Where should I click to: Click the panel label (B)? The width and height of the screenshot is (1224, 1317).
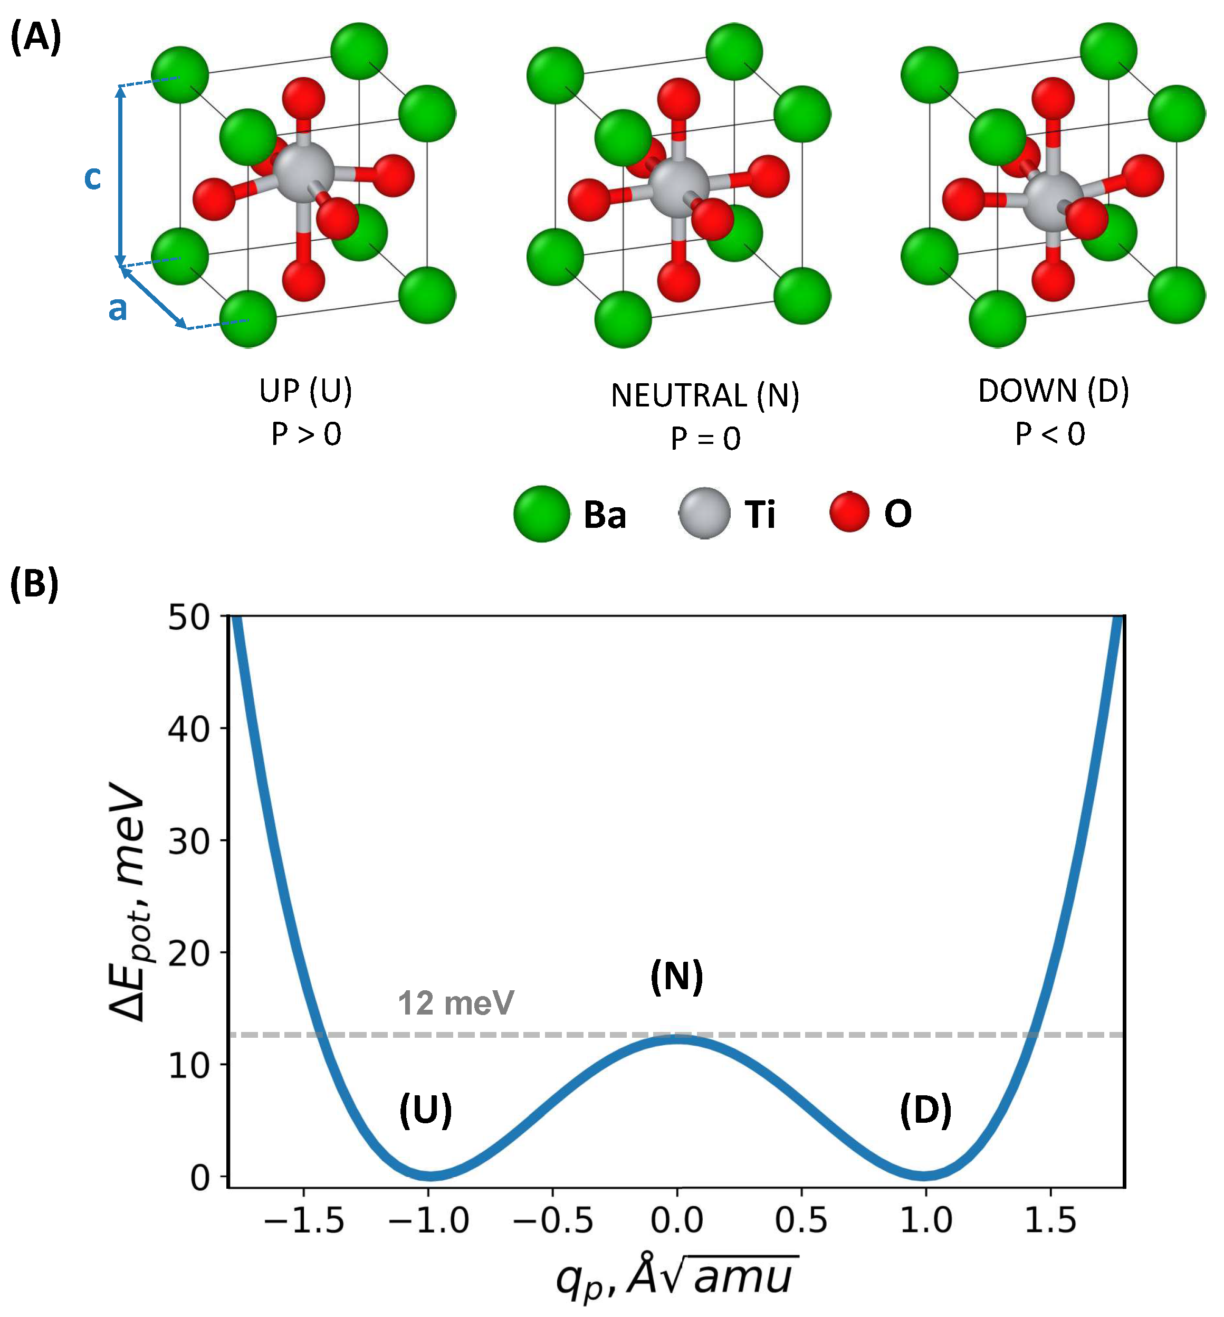[x=34, y=584]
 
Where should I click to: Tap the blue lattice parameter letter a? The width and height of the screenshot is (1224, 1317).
[x=117, y=309]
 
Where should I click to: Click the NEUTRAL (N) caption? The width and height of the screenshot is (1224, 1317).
[x=705, y=395]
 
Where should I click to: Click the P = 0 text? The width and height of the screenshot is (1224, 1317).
[x=705, y=439]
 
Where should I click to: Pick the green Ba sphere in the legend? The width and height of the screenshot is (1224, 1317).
[x=541, y=514]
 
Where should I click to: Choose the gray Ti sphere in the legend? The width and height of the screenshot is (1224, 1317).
[x=704, y=514]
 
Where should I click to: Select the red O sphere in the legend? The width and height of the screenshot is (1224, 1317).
[x=849, y=512]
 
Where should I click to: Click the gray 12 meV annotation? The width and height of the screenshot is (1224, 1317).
[x=455, y=1003]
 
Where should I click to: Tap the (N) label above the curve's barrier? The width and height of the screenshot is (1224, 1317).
[x=676, y=977]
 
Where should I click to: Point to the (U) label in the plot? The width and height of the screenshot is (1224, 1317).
[x=425, y=1110]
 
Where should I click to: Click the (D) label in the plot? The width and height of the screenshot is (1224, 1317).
[x=925, y=1110]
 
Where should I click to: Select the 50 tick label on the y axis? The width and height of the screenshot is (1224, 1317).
[x=189, y=618]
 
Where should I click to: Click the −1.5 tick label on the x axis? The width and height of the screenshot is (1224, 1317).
[x=304, y=1220]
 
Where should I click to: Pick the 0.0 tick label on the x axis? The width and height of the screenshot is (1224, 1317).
[x=676, y=1220]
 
